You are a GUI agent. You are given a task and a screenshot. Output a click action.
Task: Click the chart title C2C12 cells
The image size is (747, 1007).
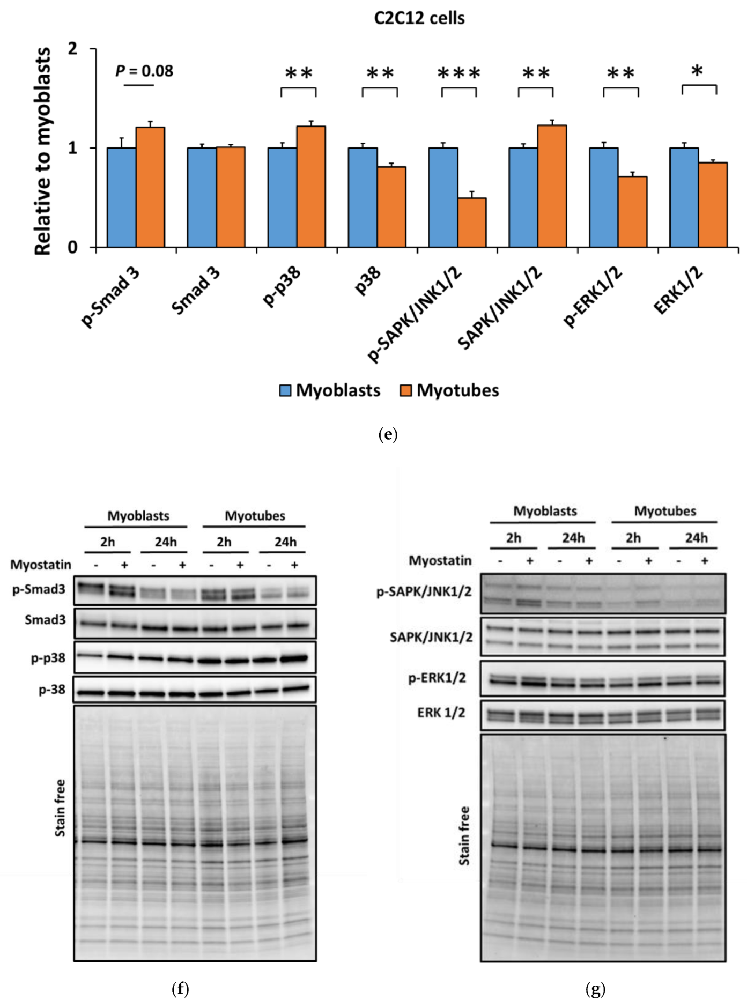[419, 18]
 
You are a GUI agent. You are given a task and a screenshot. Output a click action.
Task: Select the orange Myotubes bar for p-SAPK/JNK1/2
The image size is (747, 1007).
[472, 222]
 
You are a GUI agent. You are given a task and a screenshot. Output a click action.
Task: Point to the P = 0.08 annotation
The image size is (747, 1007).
[144, 71]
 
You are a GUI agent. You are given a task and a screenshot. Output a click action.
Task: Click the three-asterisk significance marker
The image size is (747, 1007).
[459, 74]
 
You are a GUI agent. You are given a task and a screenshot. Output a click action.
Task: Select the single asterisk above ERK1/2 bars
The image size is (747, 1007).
[697, 71]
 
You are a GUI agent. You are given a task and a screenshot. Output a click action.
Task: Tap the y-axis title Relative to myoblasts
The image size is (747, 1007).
[43, 151]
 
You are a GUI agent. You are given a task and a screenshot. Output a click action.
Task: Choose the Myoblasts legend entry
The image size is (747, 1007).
[330, 390]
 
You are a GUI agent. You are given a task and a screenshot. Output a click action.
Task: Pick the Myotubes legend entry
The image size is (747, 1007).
[449, 390]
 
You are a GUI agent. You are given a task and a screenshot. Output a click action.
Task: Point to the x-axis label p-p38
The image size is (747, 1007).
[282, 288]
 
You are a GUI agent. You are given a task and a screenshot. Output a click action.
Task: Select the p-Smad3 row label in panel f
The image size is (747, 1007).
[39, 589]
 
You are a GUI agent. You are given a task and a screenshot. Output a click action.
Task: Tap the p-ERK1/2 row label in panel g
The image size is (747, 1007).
[437, 678]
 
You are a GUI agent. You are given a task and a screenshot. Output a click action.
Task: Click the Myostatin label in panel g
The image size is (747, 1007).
[440, 560]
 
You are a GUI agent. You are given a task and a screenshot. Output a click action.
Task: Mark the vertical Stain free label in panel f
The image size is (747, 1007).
[60, 808]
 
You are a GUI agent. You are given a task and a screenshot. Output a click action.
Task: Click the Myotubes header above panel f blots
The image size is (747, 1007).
[255, 516]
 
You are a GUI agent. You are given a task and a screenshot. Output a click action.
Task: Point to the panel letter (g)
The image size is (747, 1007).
[595, 988]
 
